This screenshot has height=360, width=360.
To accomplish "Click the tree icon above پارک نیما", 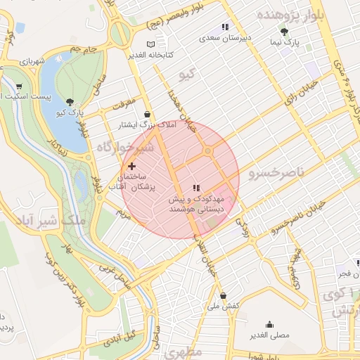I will click(x=284, y=32).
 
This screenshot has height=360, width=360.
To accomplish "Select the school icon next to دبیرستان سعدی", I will click(x=224, y=27).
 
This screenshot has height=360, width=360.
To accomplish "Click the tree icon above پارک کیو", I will click(x=68, y=102).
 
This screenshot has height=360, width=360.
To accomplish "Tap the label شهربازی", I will click(x=32, y=63).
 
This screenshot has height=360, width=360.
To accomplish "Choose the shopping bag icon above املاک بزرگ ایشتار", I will click(x=146, y=114).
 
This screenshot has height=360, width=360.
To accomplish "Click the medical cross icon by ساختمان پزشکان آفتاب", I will click(x=131, y=166).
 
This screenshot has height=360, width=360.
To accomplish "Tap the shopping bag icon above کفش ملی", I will click(x=223, y=295).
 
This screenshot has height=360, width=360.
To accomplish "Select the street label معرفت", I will click(x=120, y=105).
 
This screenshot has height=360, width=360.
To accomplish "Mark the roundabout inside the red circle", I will click(x=207, y=151).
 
